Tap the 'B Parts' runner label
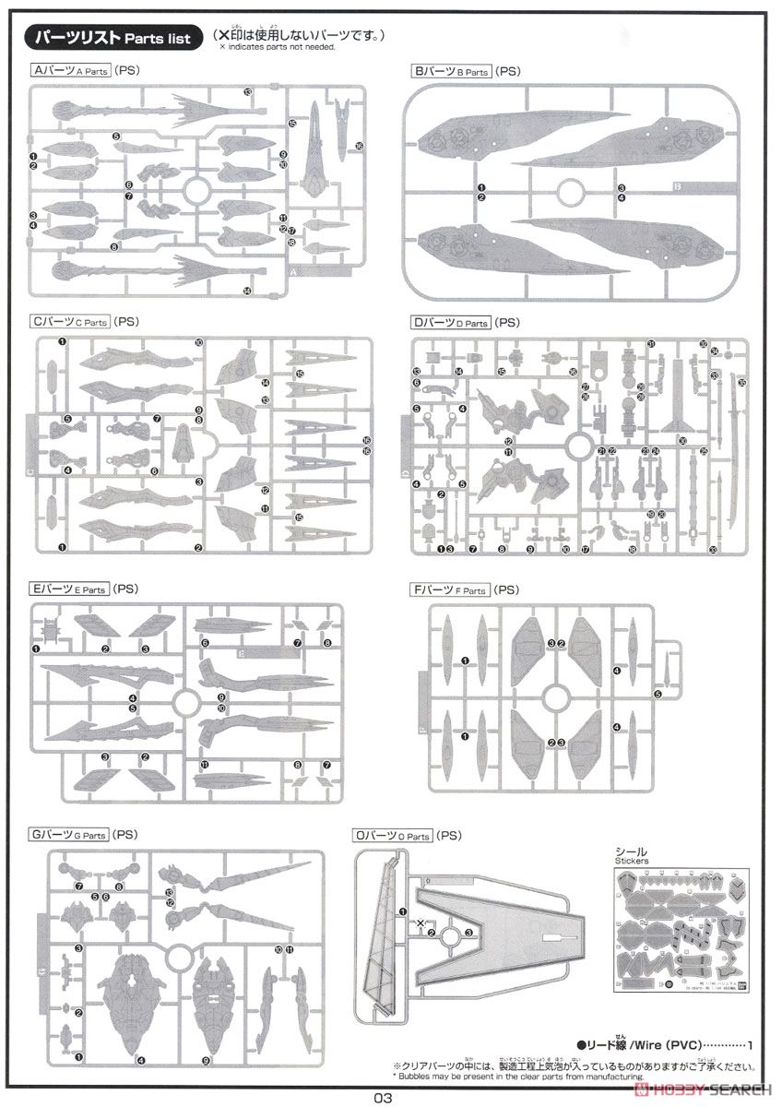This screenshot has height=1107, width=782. [x=451, y=70]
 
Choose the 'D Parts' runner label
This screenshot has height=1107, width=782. [x=451, y=323]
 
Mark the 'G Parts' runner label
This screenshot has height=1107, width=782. [x=70, y=835]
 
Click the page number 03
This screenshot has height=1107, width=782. [x=384, y=1097]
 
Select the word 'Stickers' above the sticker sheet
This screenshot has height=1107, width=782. [x=632, y=861]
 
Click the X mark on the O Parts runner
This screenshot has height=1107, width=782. [x=421, y=923]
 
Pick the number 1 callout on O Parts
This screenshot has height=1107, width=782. [x=402, y=911]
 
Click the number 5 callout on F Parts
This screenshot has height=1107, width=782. [x=658, y=694]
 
